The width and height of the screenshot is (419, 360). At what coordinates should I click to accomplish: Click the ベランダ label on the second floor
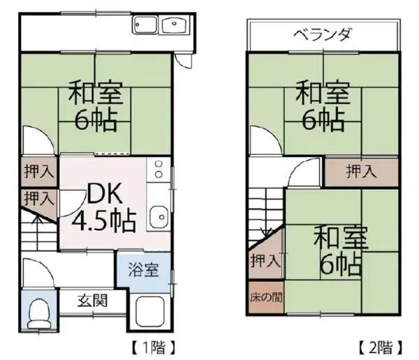click(x=322, y=35)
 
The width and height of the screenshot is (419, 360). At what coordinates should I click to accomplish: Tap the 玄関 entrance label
click(x=92, y=301)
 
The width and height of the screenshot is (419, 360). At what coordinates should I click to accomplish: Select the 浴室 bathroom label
click(x=143, y=269)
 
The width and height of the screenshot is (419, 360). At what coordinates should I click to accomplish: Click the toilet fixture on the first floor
click(x=39, y=314)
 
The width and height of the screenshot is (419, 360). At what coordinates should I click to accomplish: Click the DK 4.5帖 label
click(x=104, y=207)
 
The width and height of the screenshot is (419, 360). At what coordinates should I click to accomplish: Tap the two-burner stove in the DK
click(x=159, y=169)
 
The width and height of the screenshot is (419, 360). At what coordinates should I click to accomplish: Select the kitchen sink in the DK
click(x=159, y=216)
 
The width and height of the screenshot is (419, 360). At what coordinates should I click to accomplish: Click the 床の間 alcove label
click(x=266, y=297)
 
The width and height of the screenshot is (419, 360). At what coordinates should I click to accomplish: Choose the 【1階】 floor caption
click(x=154, y=347)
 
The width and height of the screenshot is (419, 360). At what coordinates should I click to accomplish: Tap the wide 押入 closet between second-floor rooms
click(x=361, y=171)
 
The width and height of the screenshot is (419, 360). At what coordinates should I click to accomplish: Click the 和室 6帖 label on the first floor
click(x=96, y=106)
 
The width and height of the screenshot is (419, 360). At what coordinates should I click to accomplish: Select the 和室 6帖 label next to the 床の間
click(x=341, y=250)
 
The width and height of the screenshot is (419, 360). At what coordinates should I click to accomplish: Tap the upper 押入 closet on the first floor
click(x=39, y=171)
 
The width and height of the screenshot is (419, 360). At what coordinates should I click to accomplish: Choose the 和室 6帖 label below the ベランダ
click(x=323, y=106)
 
